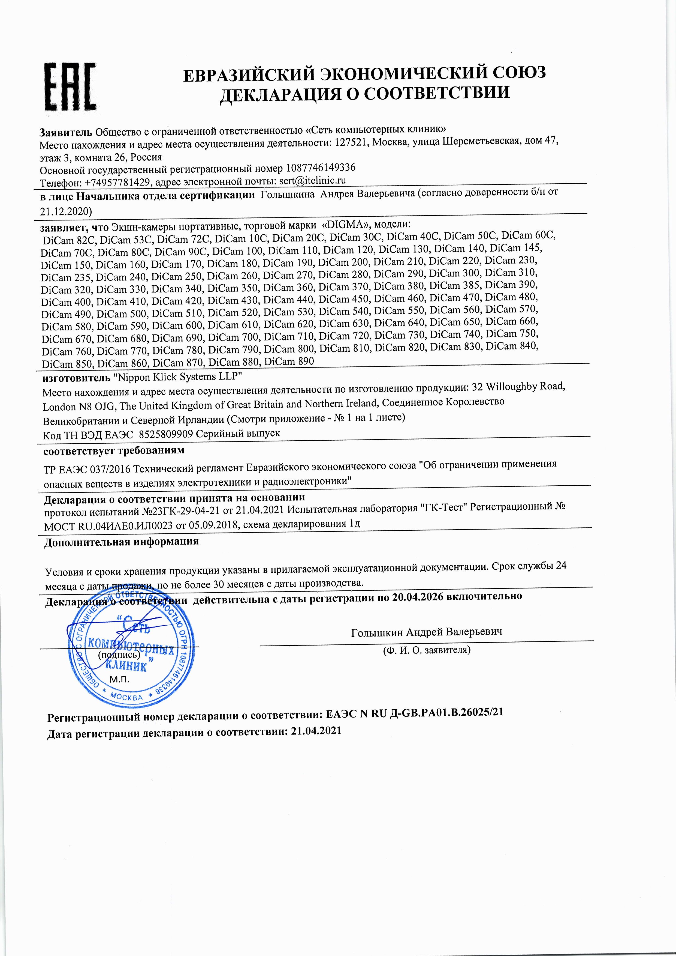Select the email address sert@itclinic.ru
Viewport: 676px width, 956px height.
311,180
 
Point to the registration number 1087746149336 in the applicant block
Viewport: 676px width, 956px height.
321,168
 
